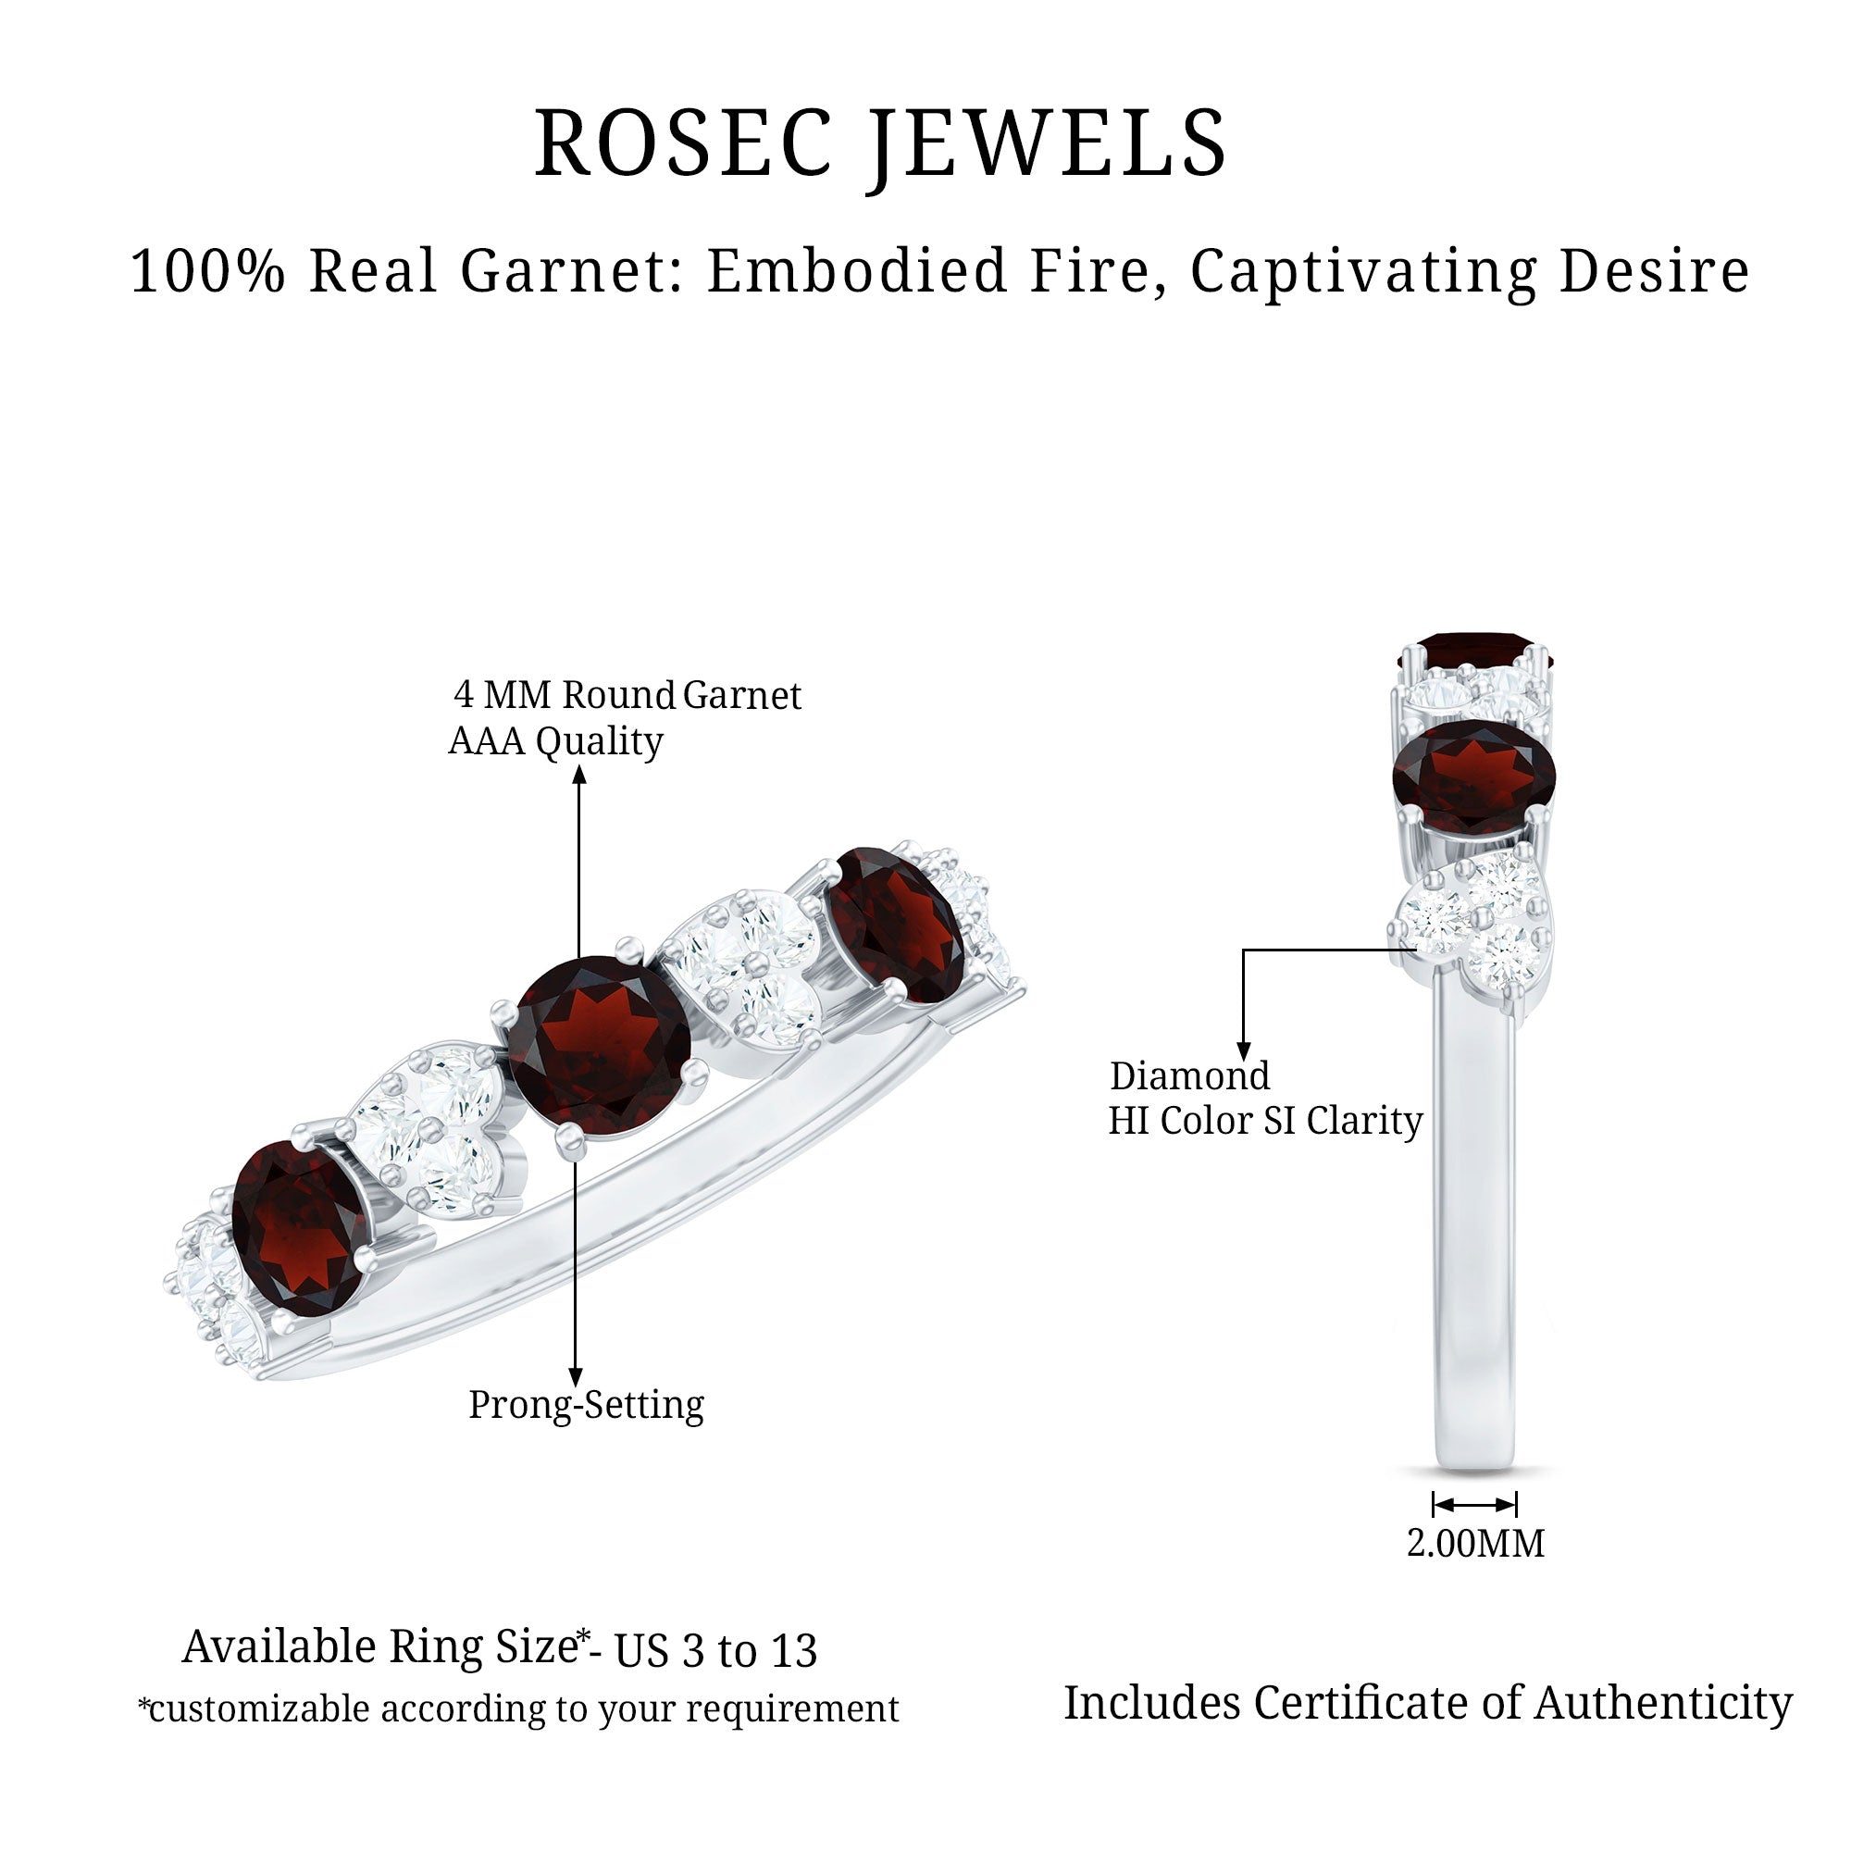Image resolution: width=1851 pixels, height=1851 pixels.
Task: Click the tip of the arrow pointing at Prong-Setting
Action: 576,1386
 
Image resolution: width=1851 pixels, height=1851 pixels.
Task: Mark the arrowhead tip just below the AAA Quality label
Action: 579,765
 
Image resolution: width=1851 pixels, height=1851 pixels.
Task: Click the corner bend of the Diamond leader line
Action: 1244,950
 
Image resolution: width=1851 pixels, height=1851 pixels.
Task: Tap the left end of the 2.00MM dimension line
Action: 1435,1504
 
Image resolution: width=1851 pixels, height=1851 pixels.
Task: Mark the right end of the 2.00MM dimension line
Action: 1517,1504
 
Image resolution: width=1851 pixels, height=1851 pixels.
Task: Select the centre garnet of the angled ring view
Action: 598,1049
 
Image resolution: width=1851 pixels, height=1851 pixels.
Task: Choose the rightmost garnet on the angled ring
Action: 894,925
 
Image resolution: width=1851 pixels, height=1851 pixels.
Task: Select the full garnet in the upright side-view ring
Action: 1473,777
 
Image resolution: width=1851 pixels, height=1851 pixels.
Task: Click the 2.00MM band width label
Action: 1475,1544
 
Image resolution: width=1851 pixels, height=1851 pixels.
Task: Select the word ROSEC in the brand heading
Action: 683,143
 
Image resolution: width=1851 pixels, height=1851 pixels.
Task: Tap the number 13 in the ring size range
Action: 793,1650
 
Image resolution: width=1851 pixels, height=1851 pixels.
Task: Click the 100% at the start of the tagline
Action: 208,270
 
